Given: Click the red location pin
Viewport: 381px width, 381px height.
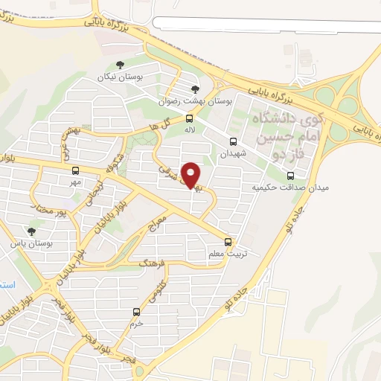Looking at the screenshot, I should (191, 174).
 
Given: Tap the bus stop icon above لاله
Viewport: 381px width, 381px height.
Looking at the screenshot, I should (189, 118).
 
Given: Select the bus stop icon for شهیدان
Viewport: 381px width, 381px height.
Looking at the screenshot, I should (234, 141).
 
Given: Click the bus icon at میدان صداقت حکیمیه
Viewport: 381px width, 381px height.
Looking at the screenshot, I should (290, 176).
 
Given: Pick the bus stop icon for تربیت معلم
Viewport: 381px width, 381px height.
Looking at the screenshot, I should (228, 242).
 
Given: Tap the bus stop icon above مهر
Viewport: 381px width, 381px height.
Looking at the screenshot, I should (75, 171).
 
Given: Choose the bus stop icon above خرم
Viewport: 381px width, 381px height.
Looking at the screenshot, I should (135, 312).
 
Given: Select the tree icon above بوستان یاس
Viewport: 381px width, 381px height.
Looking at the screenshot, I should (31, 231).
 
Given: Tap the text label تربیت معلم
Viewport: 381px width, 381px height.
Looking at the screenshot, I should (226, 254).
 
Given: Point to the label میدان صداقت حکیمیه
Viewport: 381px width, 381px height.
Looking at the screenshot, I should (290, 188).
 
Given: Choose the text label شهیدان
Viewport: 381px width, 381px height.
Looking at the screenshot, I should (232, 153).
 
